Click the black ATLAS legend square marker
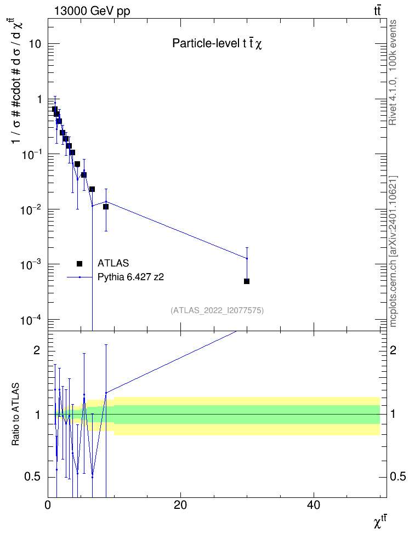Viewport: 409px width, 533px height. coord(79,264)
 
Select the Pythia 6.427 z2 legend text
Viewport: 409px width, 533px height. coord(130,277)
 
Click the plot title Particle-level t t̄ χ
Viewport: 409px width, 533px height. coord(217,43)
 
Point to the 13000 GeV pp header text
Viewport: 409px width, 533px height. coord(92,11)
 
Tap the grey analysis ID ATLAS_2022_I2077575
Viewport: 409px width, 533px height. coord(217,310)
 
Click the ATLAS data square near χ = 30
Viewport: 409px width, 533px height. coord(247,281)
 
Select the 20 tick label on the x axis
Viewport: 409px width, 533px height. coord(180,505)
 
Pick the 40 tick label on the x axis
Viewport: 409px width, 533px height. coord(314,505)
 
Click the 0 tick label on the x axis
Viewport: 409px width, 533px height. coord(48,505)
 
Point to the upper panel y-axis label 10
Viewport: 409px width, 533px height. coord(35,44)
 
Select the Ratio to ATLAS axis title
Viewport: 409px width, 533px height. coord(15,415)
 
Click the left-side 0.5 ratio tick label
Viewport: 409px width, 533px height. coord(33,477)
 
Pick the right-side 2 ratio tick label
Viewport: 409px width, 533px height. coord(393,350)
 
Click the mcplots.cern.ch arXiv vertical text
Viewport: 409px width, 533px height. coord(393,252)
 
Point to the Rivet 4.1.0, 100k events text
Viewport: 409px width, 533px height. coord(393,72)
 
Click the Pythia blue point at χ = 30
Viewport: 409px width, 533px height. coord(247,258)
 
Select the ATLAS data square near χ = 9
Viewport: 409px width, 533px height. coord(106,207)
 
